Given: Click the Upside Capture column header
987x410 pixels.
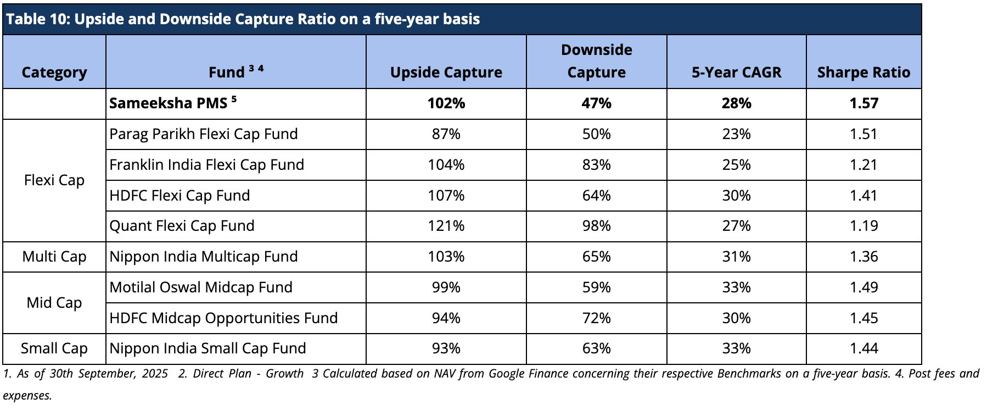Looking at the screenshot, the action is click(446, 73).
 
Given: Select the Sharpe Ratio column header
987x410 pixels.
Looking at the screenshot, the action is click(863, 73).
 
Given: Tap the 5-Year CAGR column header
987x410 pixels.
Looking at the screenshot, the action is click(736, 73).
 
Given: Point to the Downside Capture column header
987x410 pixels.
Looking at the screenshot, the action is click(596, 61).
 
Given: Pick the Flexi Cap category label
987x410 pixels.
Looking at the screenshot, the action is click(54, 180).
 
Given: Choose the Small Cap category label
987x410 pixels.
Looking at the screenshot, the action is click(54, 348).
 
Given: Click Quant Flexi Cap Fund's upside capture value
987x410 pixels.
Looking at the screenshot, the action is click(446, 226).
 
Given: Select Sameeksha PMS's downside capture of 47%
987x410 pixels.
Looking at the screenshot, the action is click(596, 103).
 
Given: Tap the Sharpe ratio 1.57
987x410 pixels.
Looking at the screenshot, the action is click(863, 103).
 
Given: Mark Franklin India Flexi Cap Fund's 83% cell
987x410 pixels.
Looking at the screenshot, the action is click(596, 165).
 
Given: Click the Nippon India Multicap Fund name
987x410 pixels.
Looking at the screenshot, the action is click(204, 257).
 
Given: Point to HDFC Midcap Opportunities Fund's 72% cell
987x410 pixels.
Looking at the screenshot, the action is click(596, 318).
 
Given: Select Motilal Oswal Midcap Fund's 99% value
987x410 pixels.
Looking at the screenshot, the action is click(446, 287).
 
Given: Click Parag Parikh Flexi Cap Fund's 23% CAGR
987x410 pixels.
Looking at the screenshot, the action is click(736, 134).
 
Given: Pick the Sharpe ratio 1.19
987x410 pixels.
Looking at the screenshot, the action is click(863, 226).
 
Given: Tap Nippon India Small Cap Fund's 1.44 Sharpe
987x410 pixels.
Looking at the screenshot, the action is click(863, 348).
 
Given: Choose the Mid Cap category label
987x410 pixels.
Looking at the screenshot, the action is click(54, 303).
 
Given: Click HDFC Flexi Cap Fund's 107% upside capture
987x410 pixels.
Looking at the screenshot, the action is click(446, 196).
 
